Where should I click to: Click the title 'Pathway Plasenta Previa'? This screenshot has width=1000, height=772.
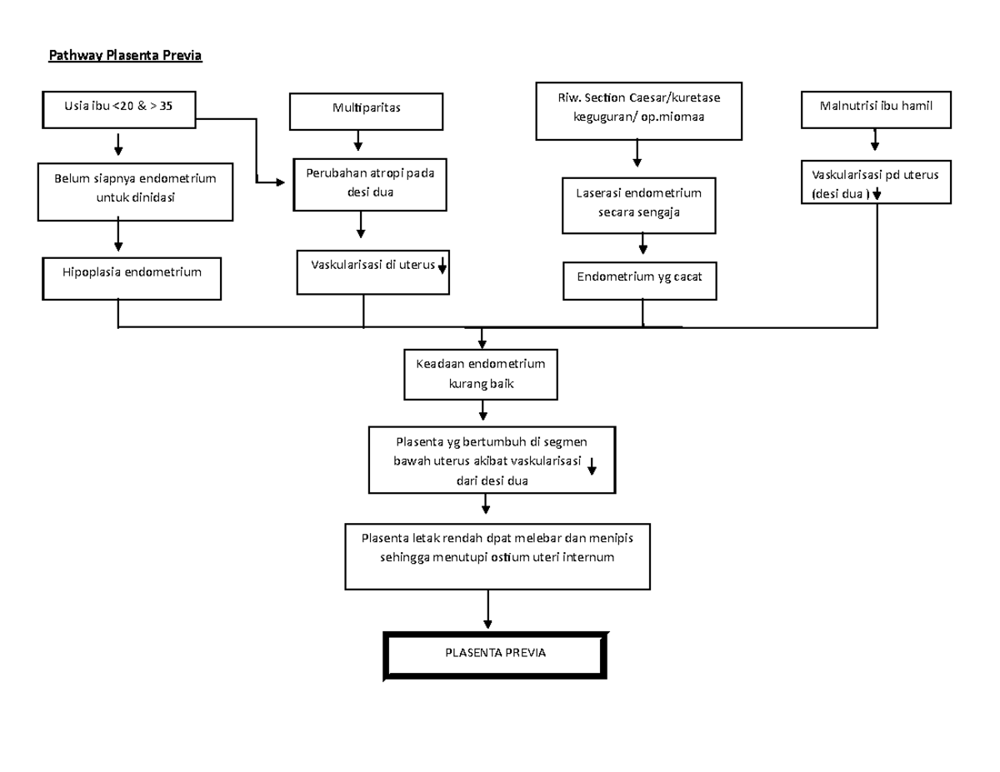click(x=125, y=56)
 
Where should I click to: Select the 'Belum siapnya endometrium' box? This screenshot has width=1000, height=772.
click(x=135, y=191)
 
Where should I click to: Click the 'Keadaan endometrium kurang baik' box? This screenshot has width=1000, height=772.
click(x=482, y=374)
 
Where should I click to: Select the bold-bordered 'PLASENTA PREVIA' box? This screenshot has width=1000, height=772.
click(x=495, y=653)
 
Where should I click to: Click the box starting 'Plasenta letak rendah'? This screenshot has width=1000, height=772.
click(x=497, y=555)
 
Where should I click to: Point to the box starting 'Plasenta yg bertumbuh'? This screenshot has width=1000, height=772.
click(x=493, y=461)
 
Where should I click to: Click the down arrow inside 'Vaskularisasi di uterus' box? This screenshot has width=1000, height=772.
click(x=442, y=266)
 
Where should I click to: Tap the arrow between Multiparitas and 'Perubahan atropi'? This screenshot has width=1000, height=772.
click(x=358, y=141)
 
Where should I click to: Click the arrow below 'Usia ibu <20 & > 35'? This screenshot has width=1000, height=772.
click(x=119, y=145)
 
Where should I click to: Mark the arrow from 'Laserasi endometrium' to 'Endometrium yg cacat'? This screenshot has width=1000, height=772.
click(x=642, y=243)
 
